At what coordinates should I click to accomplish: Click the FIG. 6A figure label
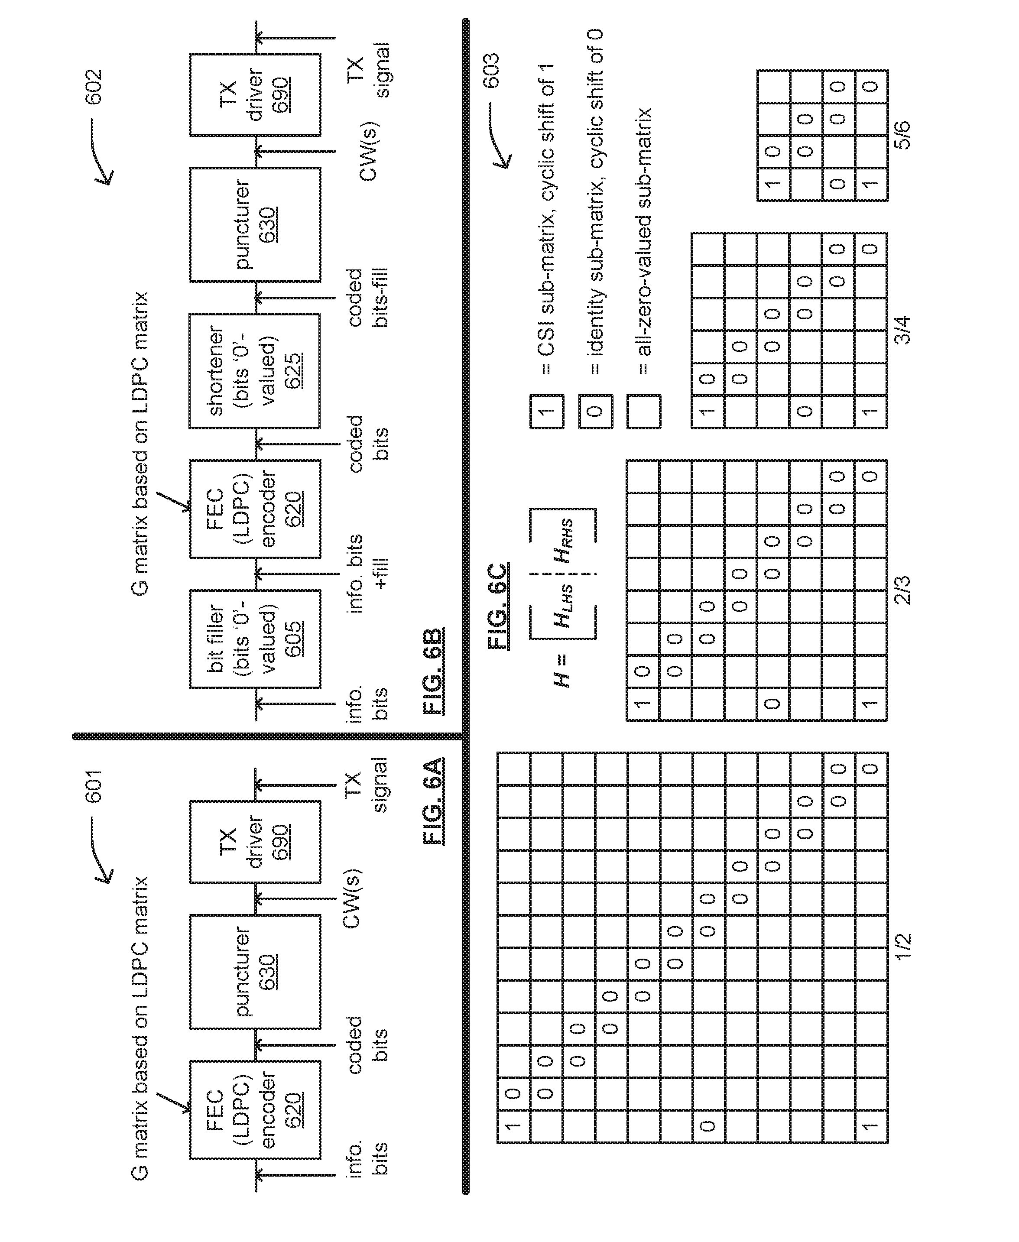[x=433, y=801]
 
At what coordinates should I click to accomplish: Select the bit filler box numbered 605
[x=255, y=639]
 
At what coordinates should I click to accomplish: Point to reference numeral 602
[x=94, y=87]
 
